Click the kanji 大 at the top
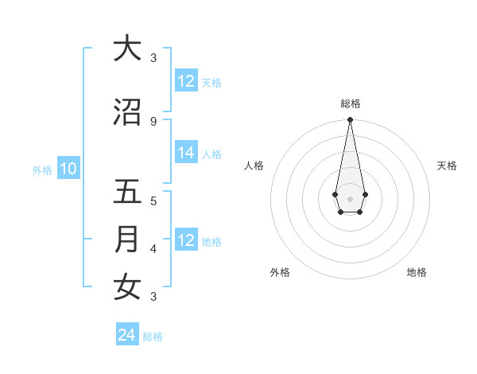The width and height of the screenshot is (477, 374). pos(127,49)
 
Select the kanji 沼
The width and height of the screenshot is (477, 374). pos(127,112)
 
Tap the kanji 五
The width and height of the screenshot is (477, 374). pos(127,192)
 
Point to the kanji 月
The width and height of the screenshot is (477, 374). pos(127,240)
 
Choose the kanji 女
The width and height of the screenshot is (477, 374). pos(127,287)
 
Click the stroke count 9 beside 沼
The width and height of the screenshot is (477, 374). pos(153,121)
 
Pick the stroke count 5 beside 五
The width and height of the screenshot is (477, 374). pos(153,201)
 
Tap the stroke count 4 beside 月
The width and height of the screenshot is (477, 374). pos(153,248)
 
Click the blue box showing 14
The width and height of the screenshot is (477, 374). pos(186,154)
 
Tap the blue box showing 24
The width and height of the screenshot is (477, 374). pos(127,335)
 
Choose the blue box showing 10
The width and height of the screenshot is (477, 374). pos(68,169)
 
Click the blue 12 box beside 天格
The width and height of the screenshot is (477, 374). pos(186,81)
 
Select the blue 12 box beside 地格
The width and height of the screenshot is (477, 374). pos(186,240)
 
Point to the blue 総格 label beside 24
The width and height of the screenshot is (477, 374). pos(153,337)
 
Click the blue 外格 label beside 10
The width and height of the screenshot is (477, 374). pos(42,169)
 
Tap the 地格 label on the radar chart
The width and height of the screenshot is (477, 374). pos(417,272)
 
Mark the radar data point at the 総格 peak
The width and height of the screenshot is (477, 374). pos(350,120)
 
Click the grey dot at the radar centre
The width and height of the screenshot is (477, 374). pos(350,198)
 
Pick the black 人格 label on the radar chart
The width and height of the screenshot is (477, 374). pos(254,166)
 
